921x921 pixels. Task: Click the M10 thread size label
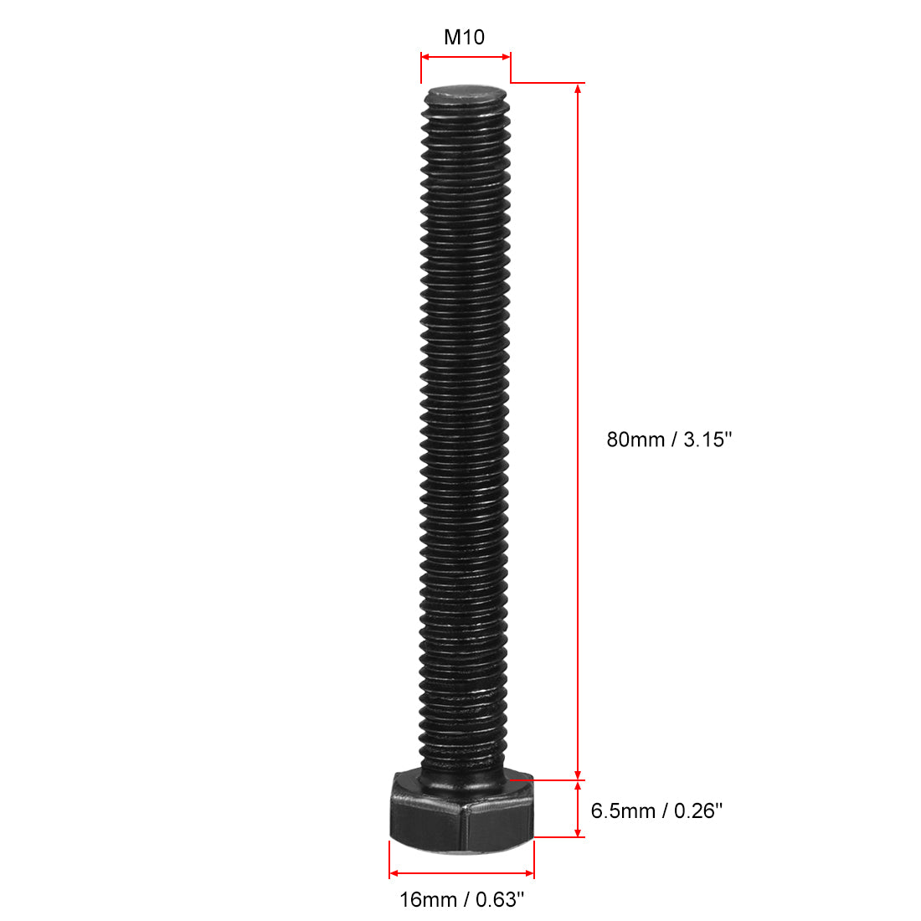coord(464,38)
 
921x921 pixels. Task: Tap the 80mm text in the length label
coord(635,439)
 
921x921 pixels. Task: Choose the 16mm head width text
coord(427,900)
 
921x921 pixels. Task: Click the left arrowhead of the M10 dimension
coord(425,57)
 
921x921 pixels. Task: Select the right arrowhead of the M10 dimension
coord(505,57)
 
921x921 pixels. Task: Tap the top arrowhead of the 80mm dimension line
coord(577,90)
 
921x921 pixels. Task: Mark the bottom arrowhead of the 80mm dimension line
coord(577,773)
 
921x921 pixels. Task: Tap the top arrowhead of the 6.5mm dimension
coord(577,786)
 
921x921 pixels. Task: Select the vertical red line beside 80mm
coord(577,335)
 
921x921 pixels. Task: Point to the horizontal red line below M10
coord(465,57)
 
